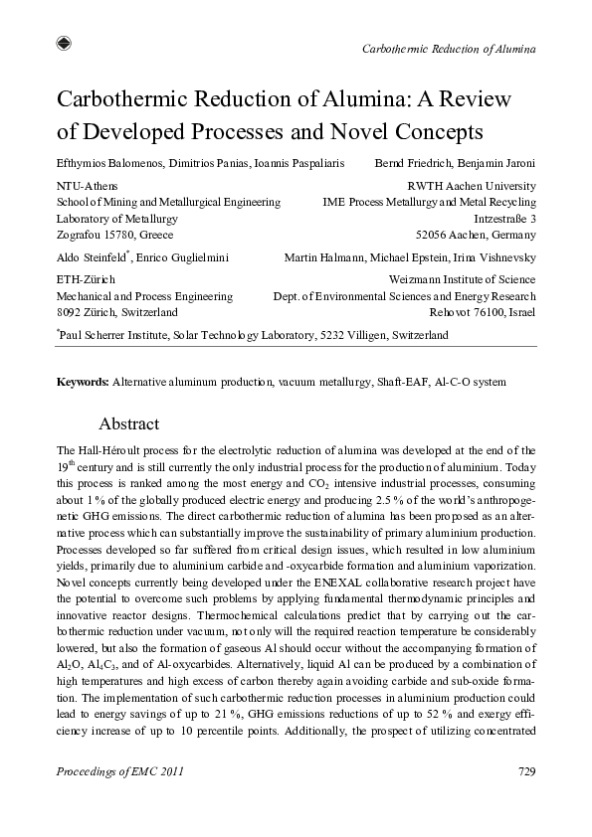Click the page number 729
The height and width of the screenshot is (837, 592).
(x=526, y=771)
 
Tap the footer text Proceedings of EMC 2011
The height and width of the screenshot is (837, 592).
(x=119, y=771)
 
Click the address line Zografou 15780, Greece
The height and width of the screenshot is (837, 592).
(x=115, y=235)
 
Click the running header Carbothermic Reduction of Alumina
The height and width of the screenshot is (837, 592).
(x=449, y=49)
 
